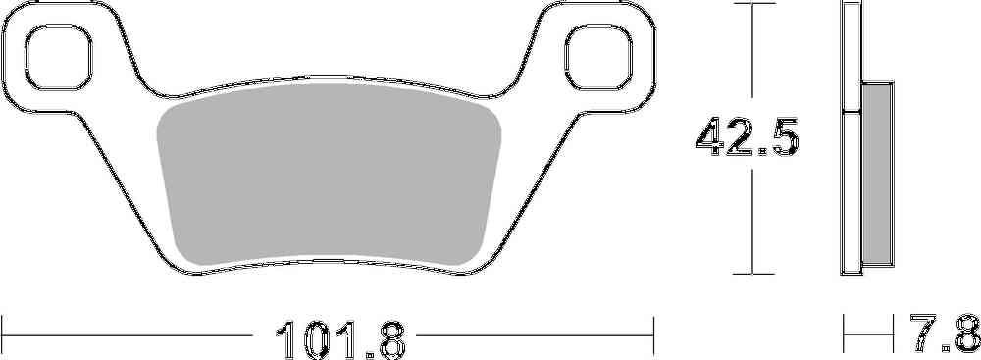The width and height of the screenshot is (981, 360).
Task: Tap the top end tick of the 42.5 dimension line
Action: (x=752, y=6)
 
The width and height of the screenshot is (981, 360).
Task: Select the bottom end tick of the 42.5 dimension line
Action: (x=752, y=274)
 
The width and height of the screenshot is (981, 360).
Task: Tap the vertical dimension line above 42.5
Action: (x=752, y=59)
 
